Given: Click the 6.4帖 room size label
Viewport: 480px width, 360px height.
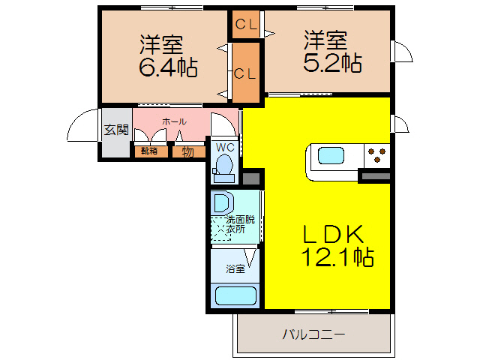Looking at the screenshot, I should [168, 68].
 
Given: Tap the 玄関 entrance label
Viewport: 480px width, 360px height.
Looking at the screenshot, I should [115, 130].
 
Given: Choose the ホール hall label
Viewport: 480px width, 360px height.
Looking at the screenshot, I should [174, 121].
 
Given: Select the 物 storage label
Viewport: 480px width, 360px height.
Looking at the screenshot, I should [187, 151].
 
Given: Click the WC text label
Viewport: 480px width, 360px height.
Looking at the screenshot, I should [225, 147].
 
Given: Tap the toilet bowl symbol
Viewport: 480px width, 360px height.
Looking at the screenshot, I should [223, 169].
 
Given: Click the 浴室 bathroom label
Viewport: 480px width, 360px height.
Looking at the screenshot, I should [235, 269].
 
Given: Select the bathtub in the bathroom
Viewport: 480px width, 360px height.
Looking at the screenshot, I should [235, 295].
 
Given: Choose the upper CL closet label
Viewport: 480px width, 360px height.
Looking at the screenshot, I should [245, 24].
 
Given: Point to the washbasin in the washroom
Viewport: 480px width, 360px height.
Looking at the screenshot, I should [222, 203].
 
